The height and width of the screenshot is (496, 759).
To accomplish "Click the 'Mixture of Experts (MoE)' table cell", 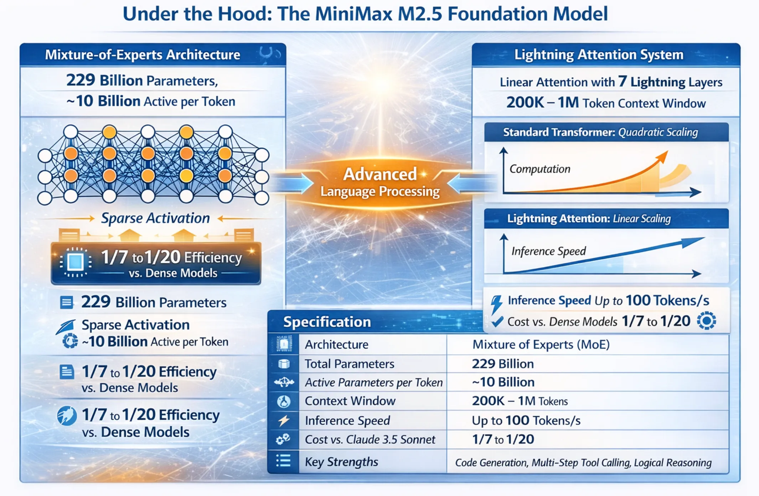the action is (x=541, y=345).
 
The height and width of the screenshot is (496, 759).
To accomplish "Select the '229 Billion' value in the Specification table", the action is (x=503, y=364).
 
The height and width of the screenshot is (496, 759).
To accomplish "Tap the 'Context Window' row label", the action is (x=350, y=401).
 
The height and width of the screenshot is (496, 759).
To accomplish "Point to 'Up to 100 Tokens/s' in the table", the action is (x=526, y=420).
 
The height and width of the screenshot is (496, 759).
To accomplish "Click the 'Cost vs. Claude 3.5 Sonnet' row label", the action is (x=370, y=439).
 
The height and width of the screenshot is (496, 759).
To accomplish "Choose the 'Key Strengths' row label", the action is (x=341, y=462).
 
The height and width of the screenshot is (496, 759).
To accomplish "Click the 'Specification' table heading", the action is (x=327, y=322).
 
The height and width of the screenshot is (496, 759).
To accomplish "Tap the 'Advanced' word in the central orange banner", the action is (x=380, y=174).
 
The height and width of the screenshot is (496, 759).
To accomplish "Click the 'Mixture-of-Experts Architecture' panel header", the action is (x=143, y=55).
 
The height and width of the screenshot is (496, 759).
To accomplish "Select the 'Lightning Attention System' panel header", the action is (x=599, y=55).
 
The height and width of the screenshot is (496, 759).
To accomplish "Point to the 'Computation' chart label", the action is (x=540, y=169).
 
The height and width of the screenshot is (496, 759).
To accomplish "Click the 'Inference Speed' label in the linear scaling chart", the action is (x=548, y=251).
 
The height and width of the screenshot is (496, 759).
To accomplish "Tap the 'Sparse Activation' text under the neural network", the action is (x=155, y=218).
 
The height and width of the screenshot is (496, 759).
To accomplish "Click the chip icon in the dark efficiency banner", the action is (x=75, y=262).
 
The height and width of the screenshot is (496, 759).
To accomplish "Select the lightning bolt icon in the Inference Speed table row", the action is (x=284, y=421).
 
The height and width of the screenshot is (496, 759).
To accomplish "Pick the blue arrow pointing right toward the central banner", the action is (x=290, y=183).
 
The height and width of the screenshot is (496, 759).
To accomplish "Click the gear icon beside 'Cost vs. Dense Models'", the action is (x=706, y=321).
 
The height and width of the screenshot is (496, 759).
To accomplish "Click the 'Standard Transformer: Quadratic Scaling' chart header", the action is (x=600, y=132).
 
